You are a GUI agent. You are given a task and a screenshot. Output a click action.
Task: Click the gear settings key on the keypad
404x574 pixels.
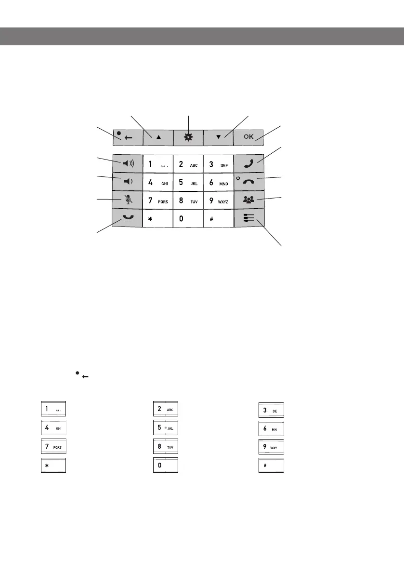[x=188, y=137]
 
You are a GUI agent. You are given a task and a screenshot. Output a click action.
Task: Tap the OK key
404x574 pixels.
[x=248, y=137]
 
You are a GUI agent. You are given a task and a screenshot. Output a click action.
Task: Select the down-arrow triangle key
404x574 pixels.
[x=218, y=137]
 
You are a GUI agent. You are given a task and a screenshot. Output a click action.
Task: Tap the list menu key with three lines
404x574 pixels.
[x=248, y=218]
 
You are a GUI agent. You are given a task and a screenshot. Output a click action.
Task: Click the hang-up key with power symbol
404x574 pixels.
[x=248, y=182]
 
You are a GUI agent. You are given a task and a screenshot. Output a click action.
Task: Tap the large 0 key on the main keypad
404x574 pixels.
[x=188, y=218]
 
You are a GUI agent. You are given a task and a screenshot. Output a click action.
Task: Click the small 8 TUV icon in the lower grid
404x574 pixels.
[x=166, y=447]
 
